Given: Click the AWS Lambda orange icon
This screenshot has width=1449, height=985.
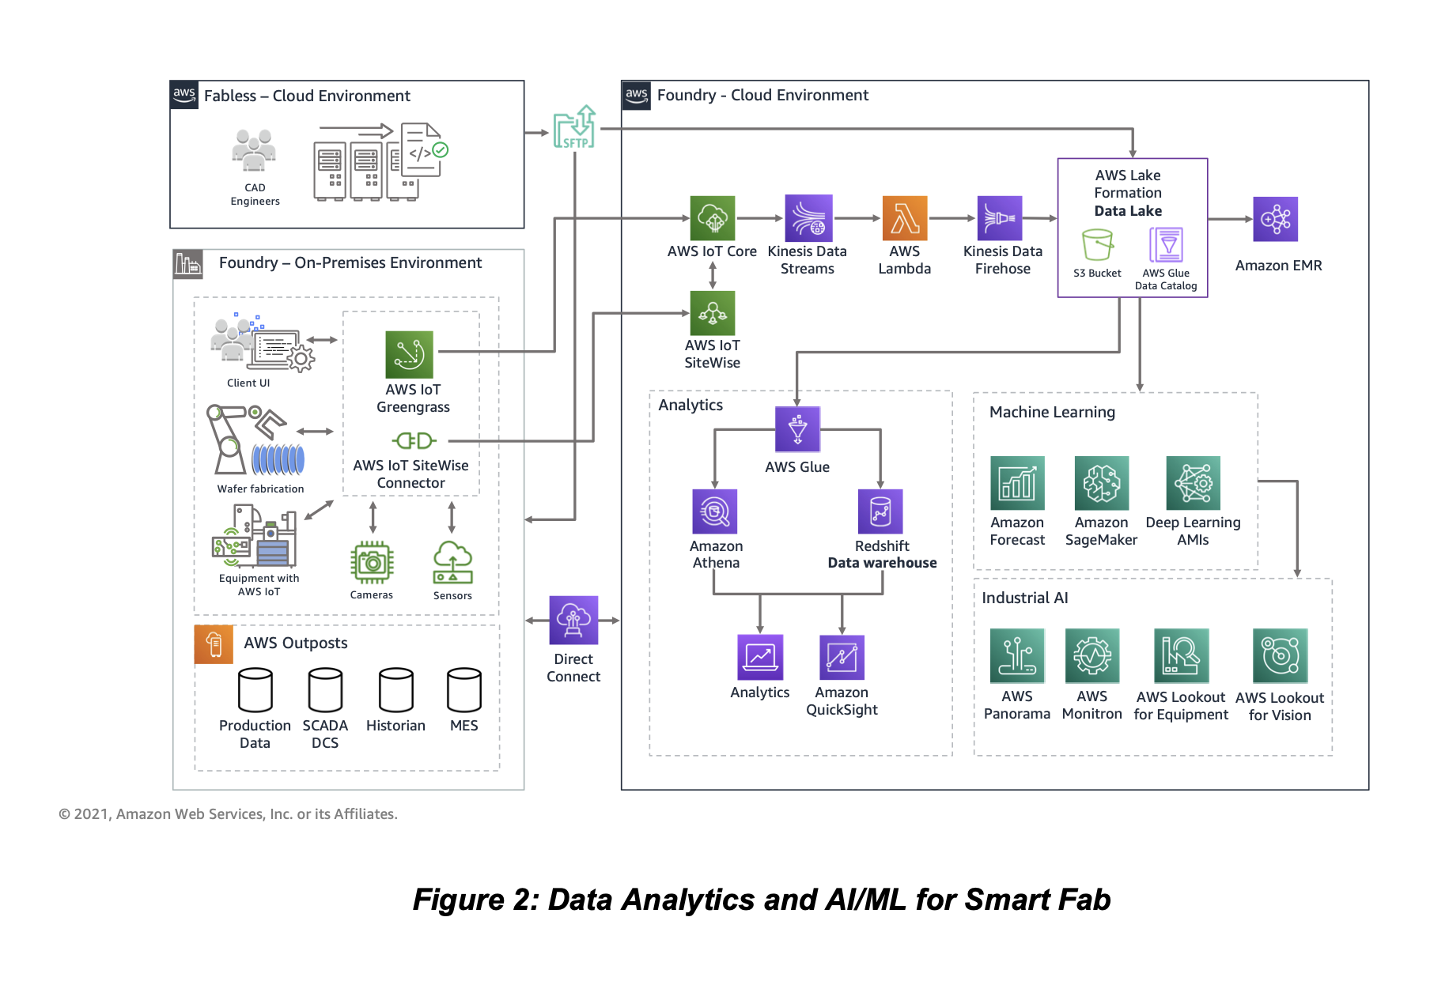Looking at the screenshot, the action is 904,218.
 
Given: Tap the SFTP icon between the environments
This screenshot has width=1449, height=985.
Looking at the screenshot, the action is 574,127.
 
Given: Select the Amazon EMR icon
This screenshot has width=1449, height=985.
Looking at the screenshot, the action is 1275,219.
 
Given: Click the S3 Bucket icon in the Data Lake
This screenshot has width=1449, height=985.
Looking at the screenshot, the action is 1097,245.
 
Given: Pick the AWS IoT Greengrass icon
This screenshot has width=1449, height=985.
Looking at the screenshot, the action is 409,354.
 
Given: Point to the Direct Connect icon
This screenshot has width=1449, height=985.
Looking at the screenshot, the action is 573,620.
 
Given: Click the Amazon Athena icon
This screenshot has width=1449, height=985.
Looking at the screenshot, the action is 715,511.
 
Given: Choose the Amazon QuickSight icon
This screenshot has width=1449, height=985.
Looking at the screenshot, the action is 842,657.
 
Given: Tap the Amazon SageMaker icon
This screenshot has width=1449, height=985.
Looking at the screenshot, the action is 1101,483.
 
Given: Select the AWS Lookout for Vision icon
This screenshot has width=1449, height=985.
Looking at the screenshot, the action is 1280,655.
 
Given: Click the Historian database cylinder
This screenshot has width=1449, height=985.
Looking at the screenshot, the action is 396,690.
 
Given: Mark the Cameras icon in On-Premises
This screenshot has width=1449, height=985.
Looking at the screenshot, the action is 372,563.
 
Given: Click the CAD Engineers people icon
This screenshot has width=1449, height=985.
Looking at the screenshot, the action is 254,150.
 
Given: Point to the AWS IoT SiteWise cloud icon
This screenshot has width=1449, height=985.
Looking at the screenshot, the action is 713,313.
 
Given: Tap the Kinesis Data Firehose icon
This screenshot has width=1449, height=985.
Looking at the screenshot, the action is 1000,218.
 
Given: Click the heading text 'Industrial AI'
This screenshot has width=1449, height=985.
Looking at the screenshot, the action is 1024,598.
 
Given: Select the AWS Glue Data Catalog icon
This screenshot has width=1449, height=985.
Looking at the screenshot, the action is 1167,244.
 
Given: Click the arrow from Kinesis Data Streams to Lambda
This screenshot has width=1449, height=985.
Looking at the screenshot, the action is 857,218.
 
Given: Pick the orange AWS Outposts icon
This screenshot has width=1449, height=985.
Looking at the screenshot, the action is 214,644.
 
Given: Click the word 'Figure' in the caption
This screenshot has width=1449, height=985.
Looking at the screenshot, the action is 458,900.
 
